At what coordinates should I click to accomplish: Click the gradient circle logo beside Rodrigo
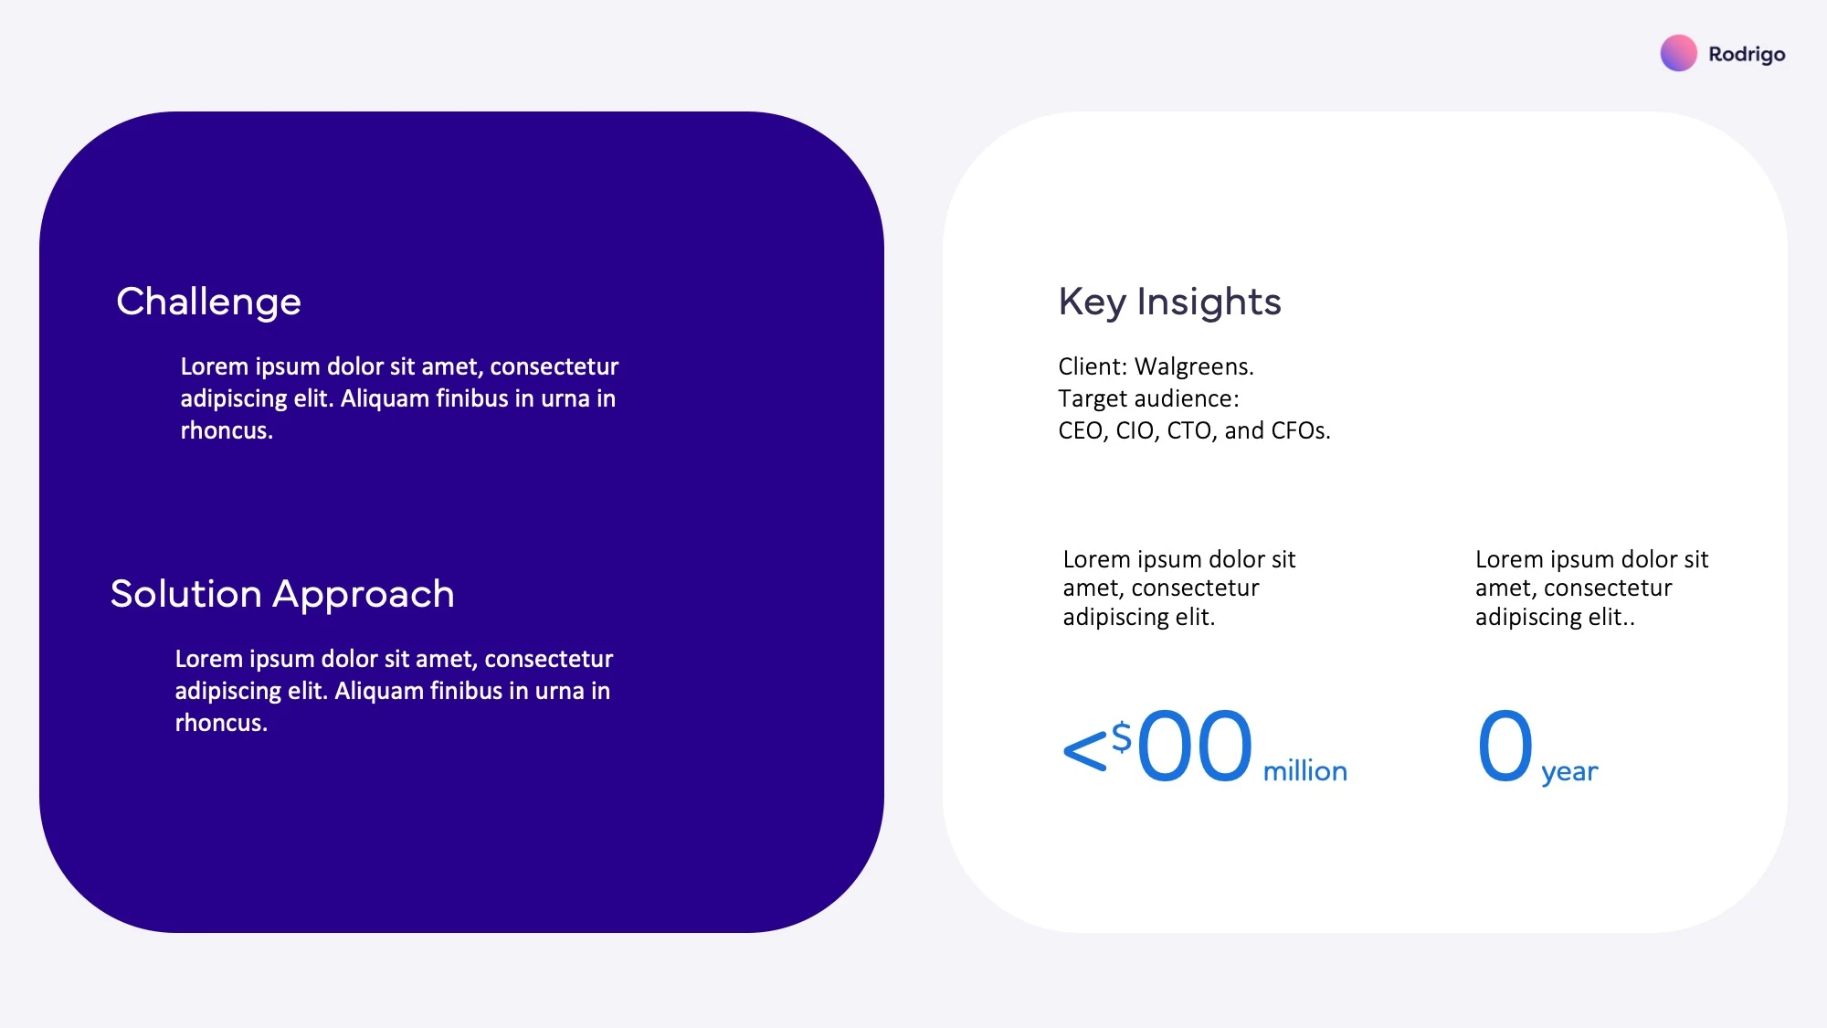click(1678, 53)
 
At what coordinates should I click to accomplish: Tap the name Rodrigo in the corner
click(1747, 55)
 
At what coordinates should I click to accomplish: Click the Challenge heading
click(208, 302)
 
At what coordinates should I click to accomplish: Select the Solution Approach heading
click(282, 595)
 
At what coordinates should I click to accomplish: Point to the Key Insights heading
click(1169, 302)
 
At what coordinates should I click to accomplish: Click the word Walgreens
click(1194, 367)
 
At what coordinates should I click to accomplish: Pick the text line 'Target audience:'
click(1148, 399)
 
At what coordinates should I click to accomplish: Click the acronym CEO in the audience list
click(1082, 431)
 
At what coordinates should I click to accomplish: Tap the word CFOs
click(1297, 431)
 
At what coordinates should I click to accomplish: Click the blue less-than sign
click(1085, 751)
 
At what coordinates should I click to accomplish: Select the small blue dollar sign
click(1122, 737)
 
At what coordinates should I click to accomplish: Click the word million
click(1304, 771)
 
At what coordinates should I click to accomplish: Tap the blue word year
click(1569, 773)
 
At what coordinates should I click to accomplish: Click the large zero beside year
click(1505, 746)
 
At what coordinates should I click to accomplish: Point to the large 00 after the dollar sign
click(1194, 746)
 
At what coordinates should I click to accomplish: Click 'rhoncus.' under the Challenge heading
click(227, 431)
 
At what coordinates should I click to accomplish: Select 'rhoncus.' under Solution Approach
click(221, 724)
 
